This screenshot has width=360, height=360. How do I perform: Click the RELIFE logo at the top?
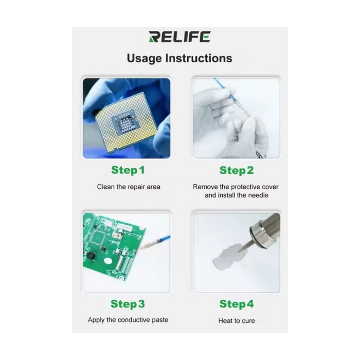point(179,37)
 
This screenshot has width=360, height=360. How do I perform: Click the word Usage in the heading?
point(145,59)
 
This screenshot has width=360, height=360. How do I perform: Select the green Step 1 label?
point(128,170)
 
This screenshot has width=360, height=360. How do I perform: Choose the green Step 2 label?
point(237,170)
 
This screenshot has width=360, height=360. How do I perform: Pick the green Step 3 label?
point(128,304)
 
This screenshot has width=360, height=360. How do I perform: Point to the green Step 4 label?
point(237,304)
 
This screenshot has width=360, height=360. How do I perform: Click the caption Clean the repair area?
point(129,187)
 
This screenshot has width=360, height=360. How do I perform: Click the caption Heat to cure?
point(237,320)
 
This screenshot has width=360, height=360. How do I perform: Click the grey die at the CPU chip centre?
point(124,123)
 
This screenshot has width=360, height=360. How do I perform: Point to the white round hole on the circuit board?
point(107,261)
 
